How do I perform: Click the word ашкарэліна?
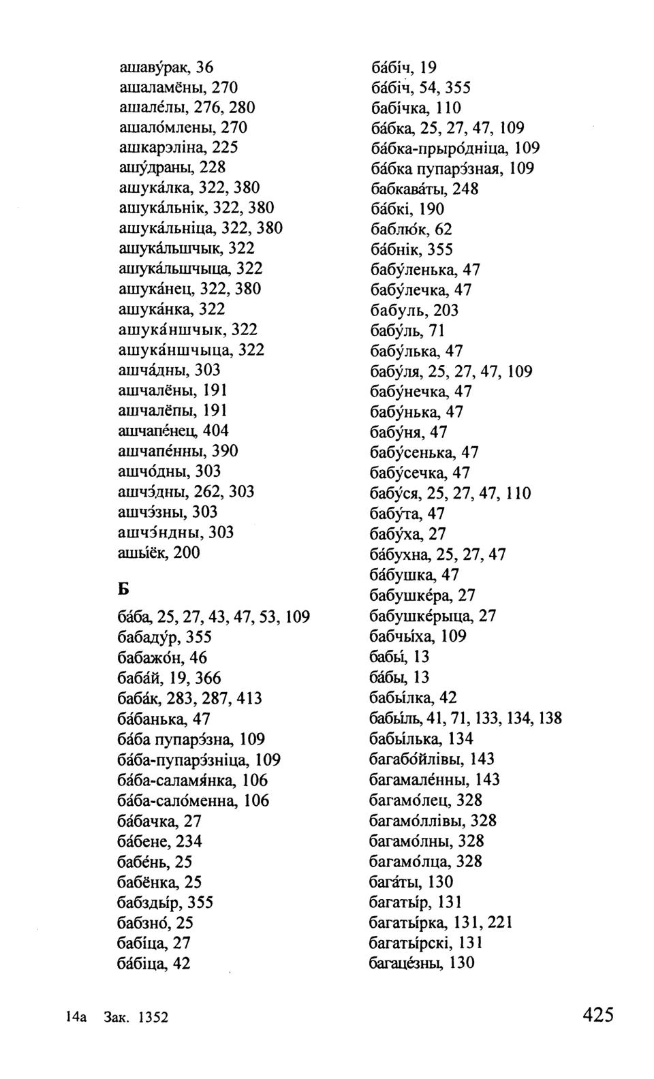(161, 147)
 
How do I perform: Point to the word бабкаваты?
(407, 189)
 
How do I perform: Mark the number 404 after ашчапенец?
(215, 431)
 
